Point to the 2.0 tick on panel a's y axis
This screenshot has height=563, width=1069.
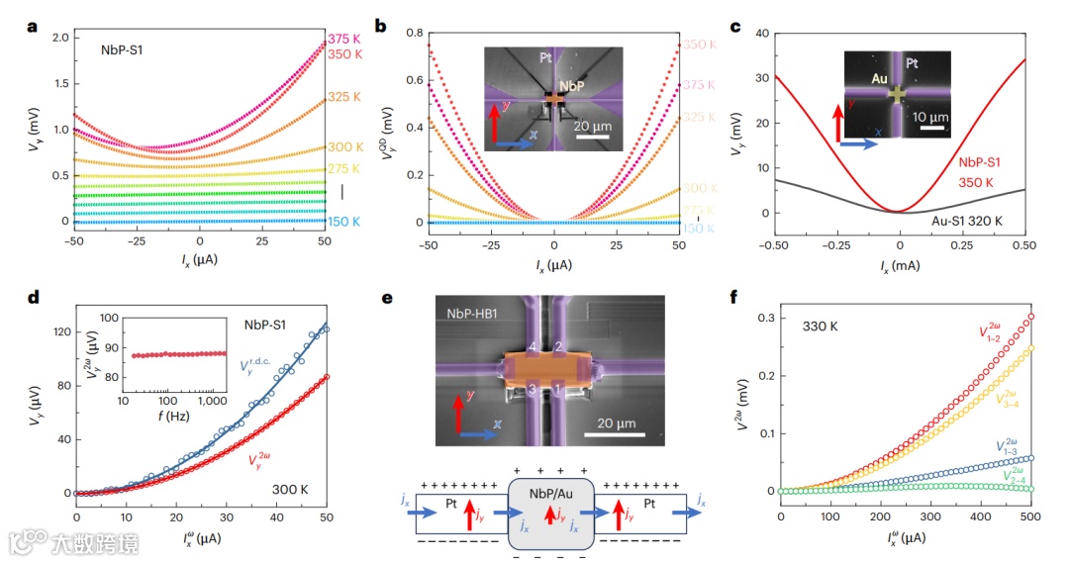click(x=59, y=38)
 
